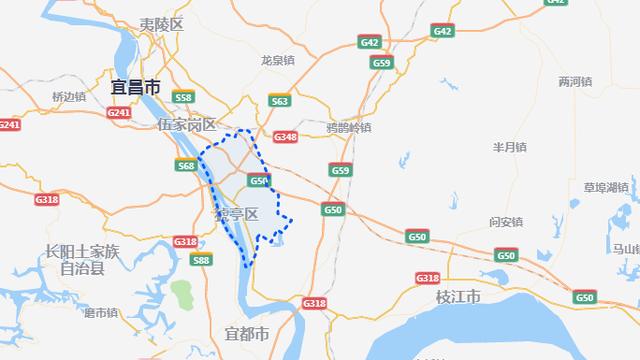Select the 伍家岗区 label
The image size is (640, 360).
click(186, 125)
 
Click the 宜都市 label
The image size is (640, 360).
click(247, 333)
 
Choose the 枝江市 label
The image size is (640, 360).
click(458, 298)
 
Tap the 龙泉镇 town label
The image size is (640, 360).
click(277, 60)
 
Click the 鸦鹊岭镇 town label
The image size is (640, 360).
click(348, 128)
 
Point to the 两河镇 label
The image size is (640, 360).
click(575, 81)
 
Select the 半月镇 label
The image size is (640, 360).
click(509, 147)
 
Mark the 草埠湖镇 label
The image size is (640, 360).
click(605, 187)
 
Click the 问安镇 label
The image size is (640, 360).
click(505, 221)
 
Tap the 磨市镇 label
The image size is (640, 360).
click(101, 313)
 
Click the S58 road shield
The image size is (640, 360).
click(183, 98)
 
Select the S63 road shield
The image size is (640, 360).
click(280, 101)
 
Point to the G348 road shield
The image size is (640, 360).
click(286, 137)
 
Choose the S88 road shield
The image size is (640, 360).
click(201, 260)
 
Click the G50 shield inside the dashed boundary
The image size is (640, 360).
click(259, 181)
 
